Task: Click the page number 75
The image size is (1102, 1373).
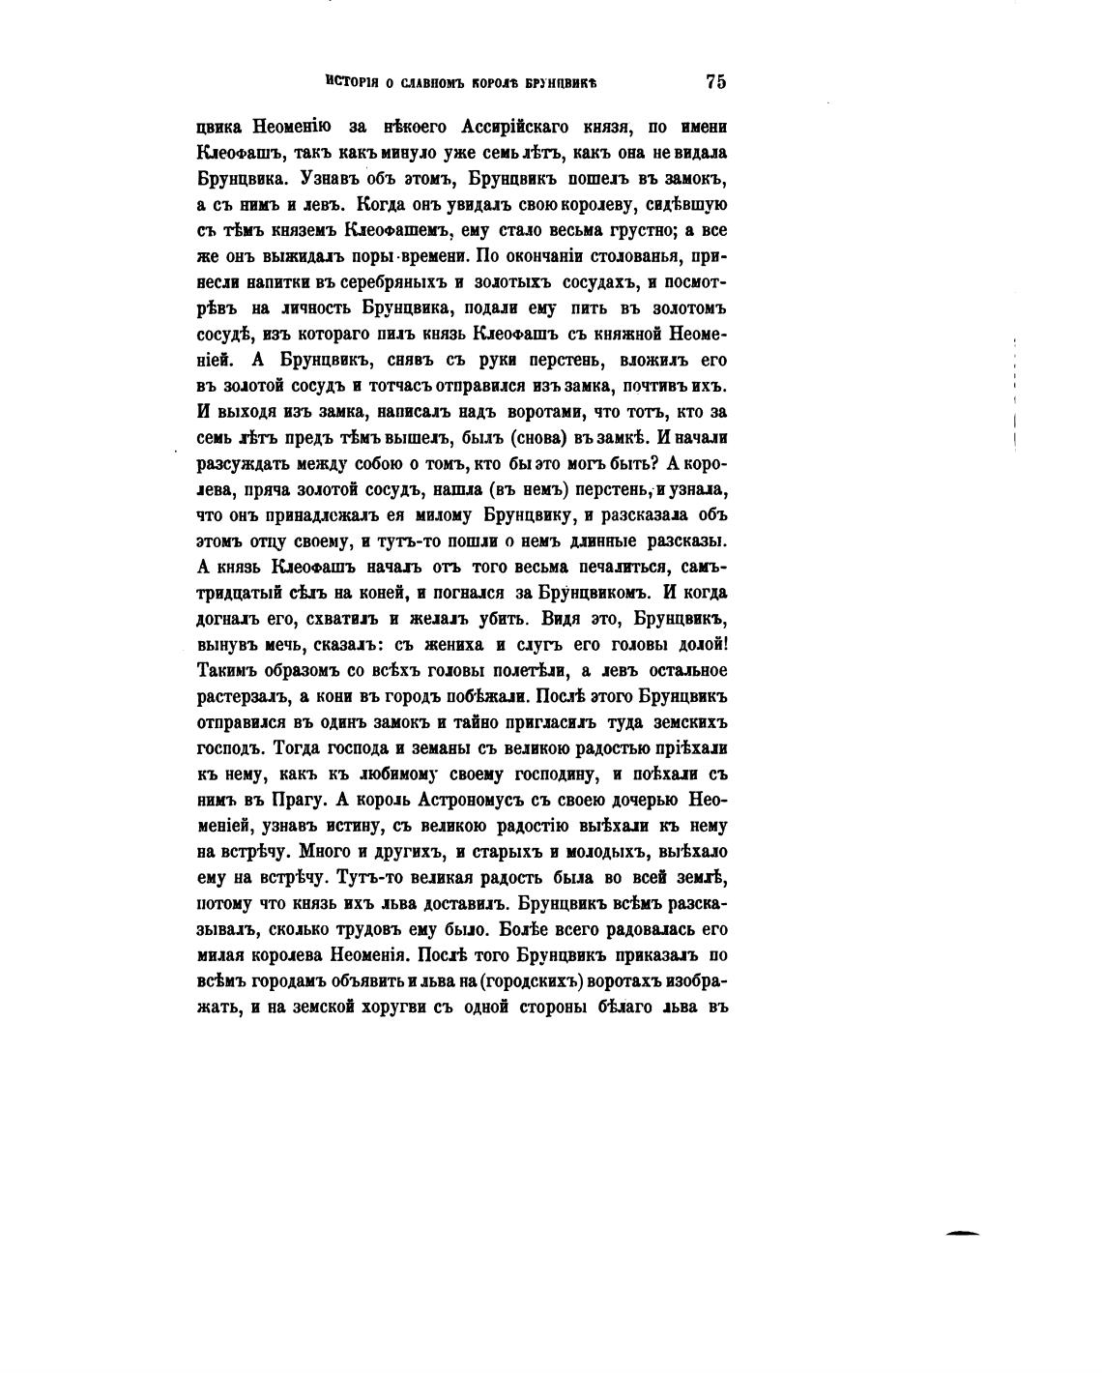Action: click(x=715, y=82)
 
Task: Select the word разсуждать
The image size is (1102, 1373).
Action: click(x=250, y=464)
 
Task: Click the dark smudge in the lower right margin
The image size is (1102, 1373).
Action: click(x=963, y=1233)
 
